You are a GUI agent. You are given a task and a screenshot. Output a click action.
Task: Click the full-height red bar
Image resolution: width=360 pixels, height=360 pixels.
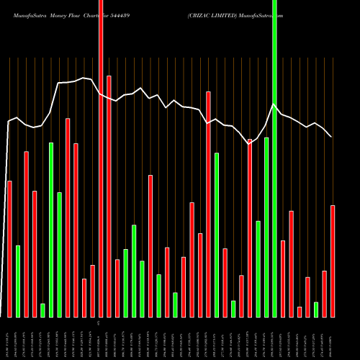(x=101, y=158)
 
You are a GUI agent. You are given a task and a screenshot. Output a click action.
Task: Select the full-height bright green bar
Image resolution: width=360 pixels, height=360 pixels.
(x=274, y=158)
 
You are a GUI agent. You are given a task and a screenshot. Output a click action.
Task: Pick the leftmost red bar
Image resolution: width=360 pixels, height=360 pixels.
(x=9, y=248)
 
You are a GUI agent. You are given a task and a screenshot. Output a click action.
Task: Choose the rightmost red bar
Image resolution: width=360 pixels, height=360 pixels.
(x=333, y=261)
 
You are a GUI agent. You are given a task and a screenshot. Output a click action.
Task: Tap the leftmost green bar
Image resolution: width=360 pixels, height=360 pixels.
(x=18, y=281)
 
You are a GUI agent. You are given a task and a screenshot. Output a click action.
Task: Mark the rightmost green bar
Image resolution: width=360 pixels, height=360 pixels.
(x=316, y=309)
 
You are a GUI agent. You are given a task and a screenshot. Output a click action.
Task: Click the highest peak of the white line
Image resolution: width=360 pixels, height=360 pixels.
(x=84, y=78)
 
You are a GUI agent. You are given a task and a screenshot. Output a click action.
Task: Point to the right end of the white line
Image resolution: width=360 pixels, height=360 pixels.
(x=331, y=137)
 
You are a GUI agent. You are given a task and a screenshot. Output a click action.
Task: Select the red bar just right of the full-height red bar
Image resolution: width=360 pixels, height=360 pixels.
(x=109, y=196)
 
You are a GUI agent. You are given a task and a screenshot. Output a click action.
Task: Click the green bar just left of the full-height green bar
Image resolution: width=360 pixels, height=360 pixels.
(x=266, y=227)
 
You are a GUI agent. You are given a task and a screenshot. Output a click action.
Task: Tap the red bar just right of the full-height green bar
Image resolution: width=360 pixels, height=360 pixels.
(x=283, y=279)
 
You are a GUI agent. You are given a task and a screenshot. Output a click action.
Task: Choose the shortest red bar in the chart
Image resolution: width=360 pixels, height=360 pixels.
(x=300, y=311)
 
